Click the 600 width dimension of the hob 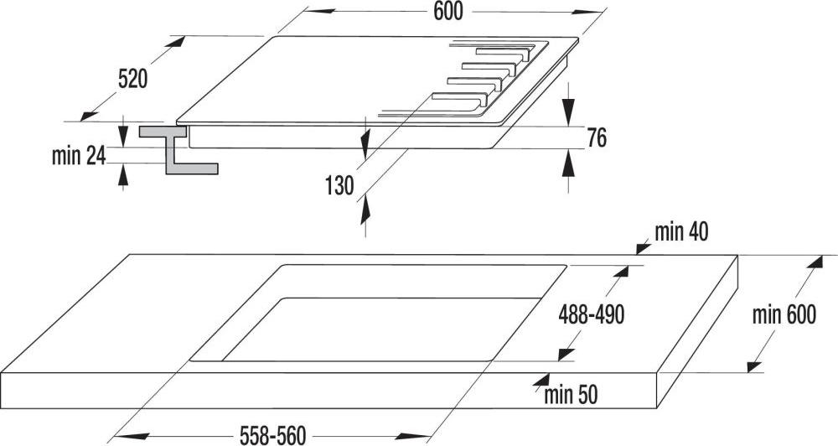[x=447, y=12]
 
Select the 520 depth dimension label [x=132, y=80]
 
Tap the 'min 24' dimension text [x=79, y=156]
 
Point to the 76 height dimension [x=597, y=137]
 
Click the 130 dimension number [x=339, y=186]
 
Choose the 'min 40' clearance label [x=681, y=232]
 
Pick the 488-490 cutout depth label [x=591, y=315]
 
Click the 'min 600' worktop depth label [x=784, y=315]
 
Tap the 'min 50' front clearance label [x=571, y=395]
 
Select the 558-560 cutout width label [x=272, y=435]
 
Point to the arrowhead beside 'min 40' [x=643, y=247]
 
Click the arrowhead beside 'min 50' [x=541, y=381]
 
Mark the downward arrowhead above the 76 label [x=568, y=112]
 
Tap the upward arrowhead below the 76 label [x=568, y=163]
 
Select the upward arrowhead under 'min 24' [x=123, y=176]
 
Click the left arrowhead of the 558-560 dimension [x=125, y=437]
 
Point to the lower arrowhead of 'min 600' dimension [x=753, y=366]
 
